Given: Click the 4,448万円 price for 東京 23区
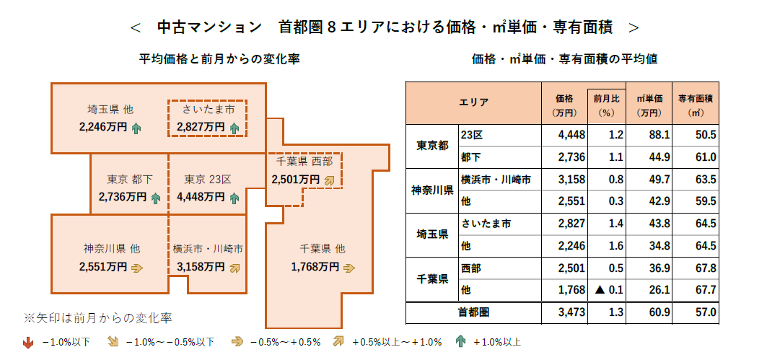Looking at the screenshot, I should point(201,196).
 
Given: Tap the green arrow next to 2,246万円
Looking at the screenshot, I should point(136,128).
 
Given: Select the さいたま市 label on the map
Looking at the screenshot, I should point(208,110).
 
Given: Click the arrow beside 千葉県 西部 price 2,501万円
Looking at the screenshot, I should point(330,180).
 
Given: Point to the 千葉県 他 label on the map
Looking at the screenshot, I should point(322,249).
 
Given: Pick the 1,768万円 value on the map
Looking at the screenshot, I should point(315,267).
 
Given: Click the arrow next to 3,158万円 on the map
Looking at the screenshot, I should point(234,267).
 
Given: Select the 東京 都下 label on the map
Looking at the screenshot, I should point(130,179).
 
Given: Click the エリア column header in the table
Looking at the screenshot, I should point(473,102).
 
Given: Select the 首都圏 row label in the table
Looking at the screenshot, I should point(473,312).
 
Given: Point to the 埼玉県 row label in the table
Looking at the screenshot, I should point(431,235).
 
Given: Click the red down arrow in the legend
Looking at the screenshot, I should point(28,342).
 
